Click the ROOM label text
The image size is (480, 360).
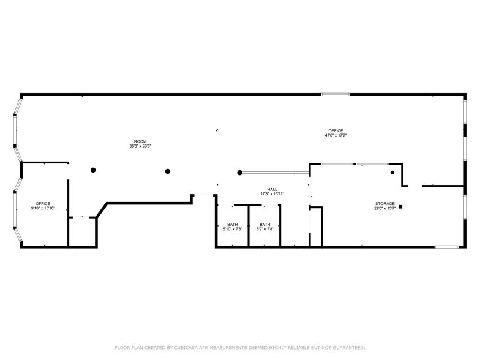coord(140,141)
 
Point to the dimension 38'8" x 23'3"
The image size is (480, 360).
coord(140,146)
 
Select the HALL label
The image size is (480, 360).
coord(272,189)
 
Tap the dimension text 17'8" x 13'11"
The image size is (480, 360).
coord(272,194)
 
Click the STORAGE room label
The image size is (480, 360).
coord(385,203)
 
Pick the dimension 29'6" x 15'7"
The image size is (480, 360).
coord(385,208)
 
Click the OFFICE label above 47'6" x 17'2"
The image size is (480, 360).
coord(336,130)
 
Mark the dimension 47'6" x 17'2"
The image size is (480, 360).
coord(336,135)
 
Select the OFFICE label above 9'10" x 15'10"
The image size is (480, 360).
coord(43,203)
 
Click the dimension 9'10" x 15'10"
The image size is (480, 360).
coord(43,208)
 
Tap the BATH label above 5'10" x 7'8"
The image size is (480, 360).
coord(233,224)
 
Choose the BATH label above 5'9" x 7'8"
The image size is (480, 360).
coord(264,224)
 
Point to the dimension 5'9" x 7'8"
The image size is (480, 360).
coord(264,229)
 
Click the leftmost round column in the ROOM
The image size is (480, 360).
coord(93,170)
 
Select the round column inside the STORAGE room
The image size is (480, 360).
coord(393,173)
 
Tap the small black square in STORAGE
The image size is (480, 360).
coord(400,207)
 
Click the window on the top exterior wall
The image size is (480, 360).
coord(336,94)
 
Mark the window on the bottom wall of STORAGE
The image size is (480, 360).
coord(446,247)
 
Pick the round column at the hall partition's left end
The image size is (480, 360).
coord(240,173)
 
